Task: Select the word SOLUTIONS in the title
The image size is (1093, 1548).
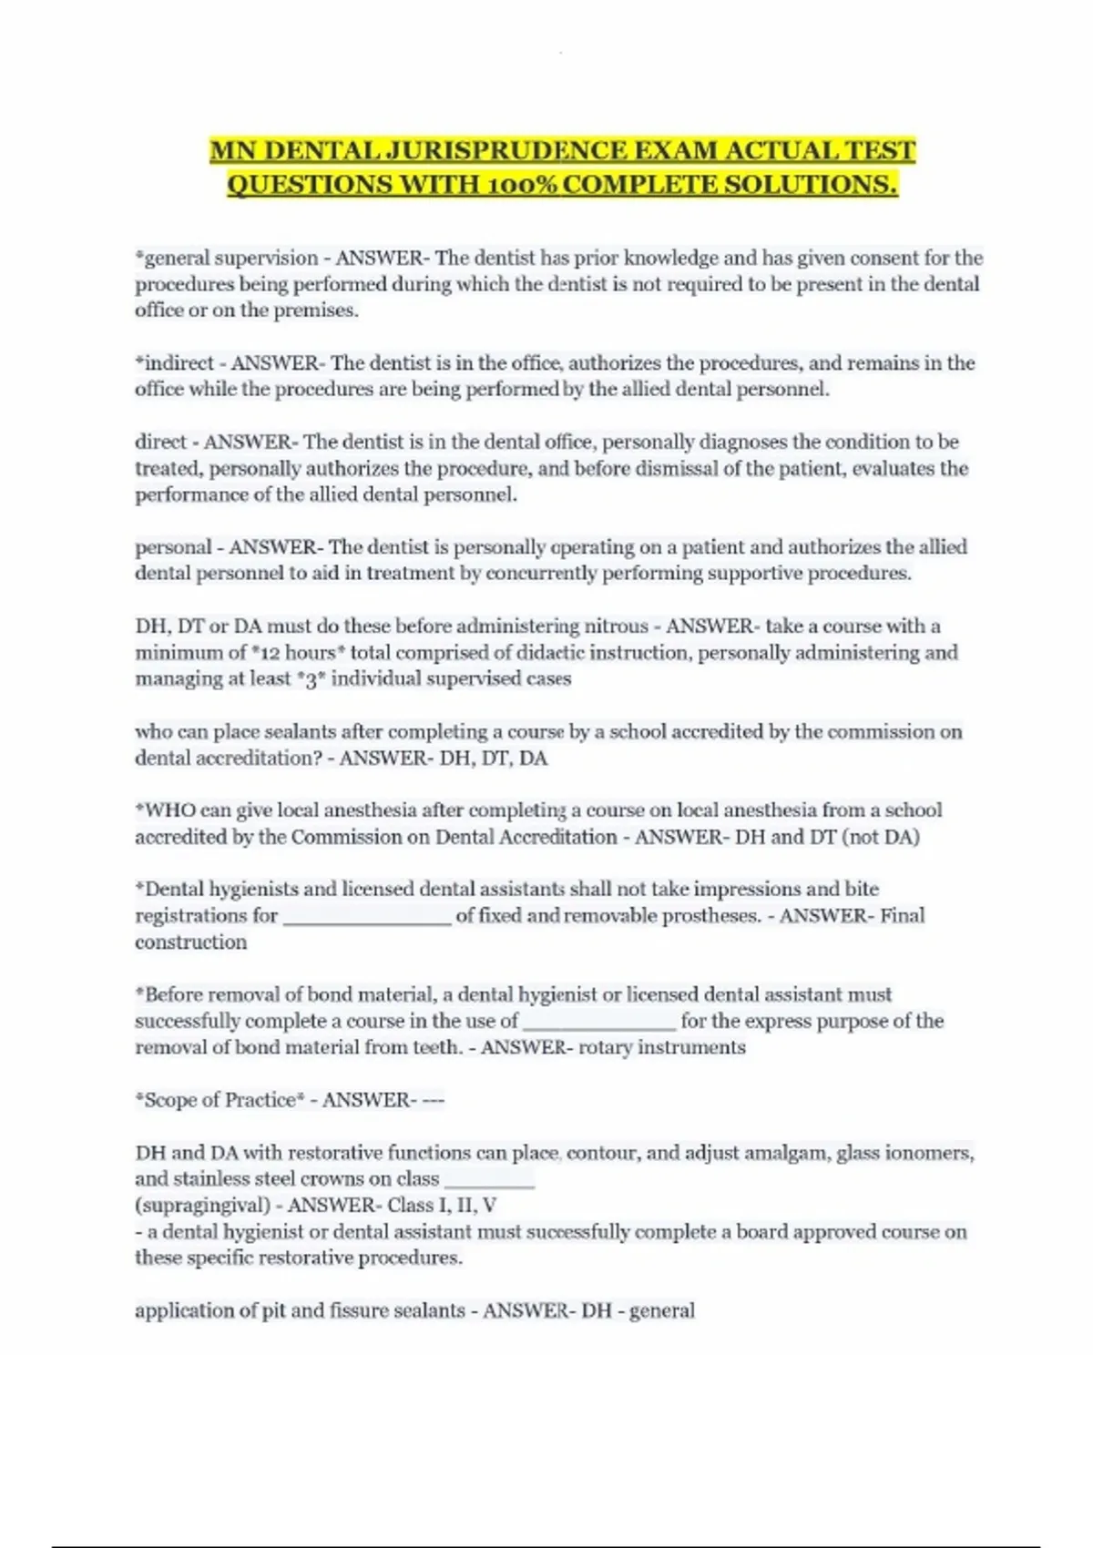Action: [x=811, y=185]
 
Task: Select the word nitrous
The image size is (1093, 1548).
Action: [x=615, y=626]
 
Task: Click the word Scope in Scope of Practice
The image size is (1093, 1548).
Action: [x=169, y=1100]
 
